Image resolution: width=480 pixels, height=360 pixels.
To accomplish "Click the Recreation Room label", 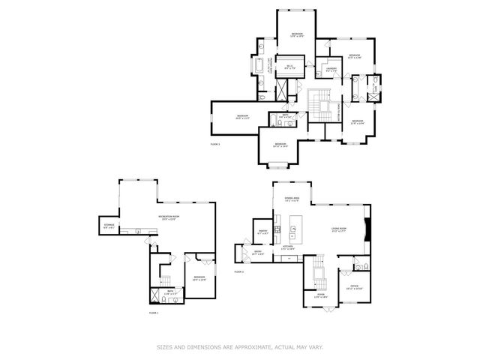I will point(167,217).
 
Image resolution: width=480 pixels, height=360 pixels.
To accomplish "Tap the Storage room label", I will point(109,225).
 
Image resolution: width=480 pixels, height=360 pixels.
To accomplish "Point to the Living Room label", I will point(339,229).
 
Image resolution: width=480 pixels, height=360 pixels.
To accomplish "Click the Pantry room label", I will point(263,232).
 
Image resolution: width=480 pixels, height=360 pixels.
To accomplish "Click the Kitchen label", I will point(286,247).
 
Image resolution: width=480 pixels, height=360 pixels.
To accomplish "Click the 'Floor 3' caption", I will point(216,143).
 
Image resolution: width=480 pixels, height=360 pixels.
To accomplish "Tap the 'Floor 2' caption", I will point(239,271).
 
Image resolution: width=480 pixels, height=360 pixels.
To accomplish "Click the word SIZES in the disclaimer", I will point(165,346).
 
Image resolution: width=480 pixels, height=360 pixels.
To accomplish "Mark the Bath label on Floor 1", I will point(170,291).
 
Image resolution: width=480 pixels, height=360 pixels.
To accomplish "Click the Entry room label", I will point(257,254).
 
